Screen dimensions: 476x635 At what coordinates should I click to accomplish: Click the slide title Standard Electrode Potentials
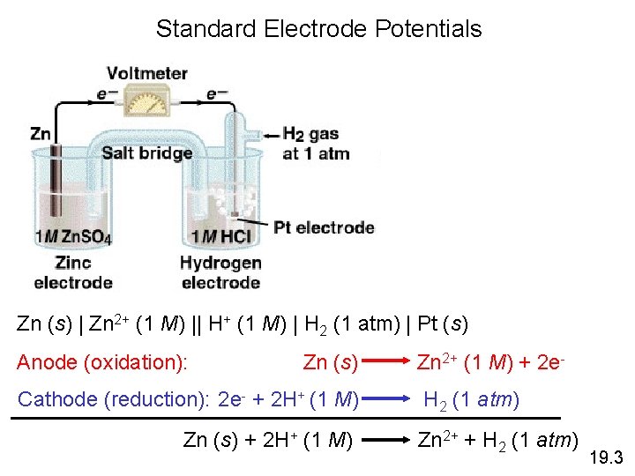point(318,29)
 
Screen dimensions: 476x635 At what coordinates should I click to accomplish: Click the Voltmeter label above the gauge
point(147,73)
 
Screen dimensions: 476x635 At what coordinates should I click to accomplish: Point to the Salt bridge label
point(147,153)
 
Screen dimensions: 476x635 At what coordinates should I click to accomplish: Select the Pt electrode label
point(324,227)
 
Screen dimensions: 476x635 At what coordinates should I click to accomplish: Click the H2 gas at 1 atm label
point(316,145)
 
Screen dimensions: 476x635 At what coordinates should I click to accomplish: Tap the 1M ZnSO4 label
point(73,237)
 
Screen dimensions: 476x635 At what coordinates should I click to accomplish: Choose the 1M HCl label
point(221,237)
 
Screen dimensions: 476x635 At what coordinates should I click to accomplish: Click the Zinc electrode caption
point(73,272)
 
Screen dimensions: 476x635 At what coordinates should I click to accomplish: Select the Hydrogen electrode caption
point(220,272)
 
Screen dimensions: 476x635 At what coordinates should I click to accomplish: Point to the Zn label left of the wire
point(41,133)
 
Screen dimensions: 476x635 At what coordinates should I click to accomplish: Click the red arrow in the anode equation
point(385,362)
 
